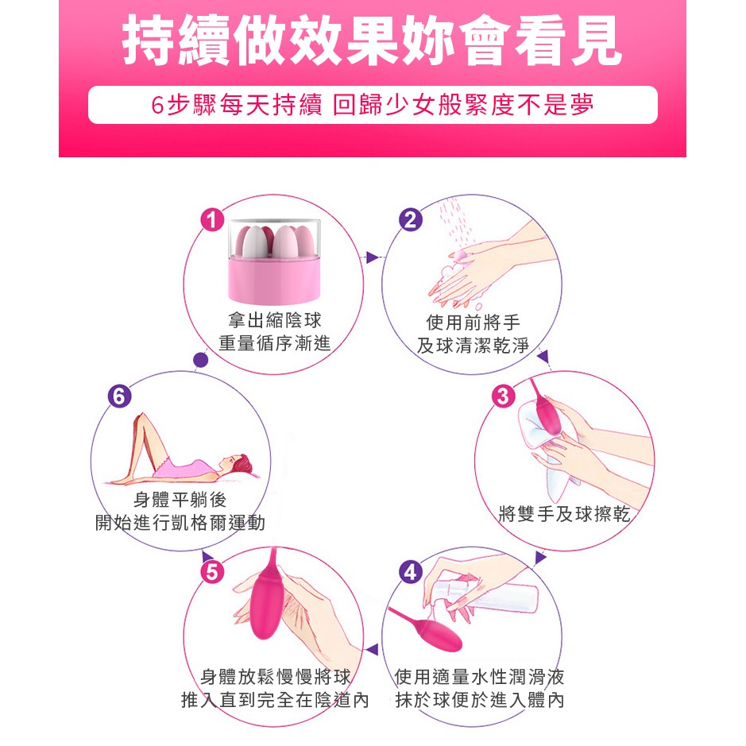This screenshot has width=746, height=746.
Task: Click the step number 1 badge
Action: click(x=212, y=220)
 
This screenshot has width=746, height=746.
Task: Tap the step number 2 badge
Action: click(x=411, y=220)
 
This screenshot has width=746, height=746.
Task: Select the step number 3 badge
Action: click(x=503, y=396)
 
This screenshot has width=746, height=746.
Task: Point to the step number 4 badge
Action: click(x=411, y=572)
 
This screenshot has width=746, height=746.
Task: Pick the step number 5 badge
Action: click(x=212, y=572)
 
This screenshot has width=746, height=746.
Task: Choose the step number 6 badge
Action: click(x=119, y=396)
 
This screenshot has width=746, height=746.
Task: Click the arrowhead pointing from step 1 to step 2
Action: click(x=372, y=257)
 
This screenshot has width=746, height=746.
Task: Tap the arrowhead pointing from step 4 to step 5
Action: click(x=373, y=649)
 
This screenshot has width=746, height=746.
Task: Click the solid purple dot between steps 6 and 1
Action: click(x=201, y=360)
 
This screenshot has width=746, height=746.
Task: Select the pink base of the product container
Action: click(x=274, y=280)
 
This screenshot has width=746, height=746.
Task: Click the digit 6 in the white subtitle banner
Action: click(x=157, y=105)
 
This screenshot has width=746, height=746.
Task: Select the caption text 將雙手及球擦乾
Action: click(x=564, y=514)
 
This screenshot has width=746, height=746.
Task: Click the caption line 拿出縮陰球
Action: click(x=275, y=319)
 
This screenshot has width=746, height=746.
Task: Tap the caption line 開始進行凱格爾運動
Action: click(x=180, y=523)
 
